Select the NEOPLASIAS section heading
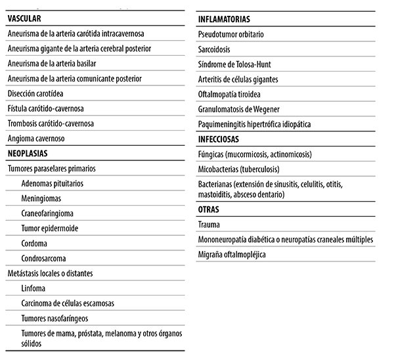pyautogui.click(x=29, y=154)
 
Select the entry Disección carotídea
pyautogui.click(x=36, y=93)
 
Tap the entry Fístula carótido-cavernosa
pyautogui.click(x=46, y=108)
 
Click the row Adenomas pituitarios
pyautogui.click(x=52, y=183)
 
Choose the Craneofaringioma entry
pyautogui.click(x=48, y=214)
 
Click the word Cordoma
pyautogui.click(x=35, y=244)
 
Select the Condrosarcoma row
pyautogui.click(x=43, y=259)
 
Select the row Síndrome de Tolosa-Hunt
pyautogui.click(x=234, y=64)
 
